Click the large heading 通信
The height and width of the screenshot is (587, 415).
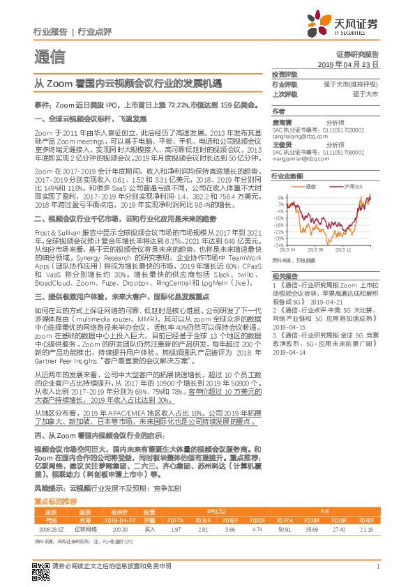[x=49, y=56]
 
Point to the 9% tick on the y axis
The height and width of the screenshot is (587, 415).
[x=278, y=197]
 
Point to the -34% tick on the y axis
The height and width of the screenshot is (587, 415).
[x=277, y=245]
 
